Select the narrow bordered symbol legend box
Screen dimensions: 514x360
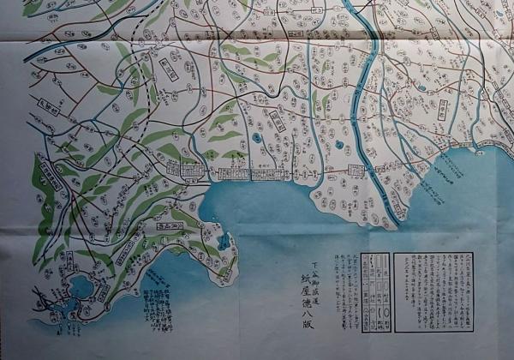(374, 291)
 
